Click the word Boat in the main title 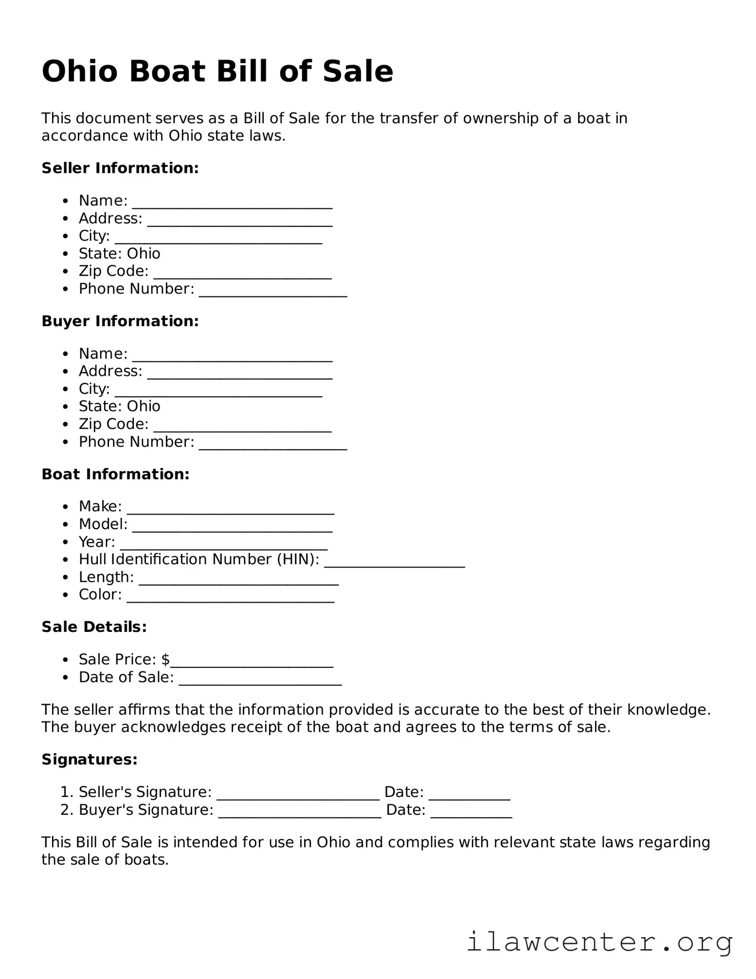click(167, 72)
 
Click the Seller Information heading click(120, 168)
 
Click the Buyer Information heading click(120, 321)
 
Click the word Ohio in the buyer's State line click(144, 406)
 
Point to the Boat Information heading click(115, 474)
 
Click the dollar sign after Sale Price click(165, 659)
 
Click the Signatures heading click(90, 759)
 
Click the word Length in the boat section click(106, 577)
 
